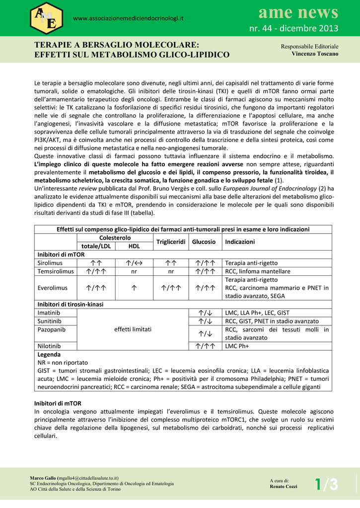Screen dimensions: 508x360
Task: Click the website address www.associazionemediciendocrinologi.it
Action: [129, 19]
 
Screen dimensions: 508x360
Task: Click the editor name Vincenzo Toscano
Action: [315, 54]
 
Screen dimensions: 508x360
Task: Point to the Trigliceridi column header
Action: [171, 242]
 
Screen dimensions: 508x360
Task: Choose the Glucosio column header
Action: [204, 242]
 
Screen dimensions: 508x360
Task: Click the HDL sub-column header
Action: [134, 246]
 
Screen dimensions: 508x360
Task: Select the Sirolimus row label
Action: [50, 263]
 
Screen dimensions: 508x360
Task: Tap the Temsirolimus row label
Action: [56, 271]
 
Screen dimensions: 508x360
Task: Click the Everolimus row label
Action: [52, 288]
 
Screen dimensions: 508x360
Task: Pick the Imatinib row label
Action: [49, 313]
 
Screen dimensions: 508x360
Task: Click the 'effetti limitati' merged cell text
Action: [133, 329]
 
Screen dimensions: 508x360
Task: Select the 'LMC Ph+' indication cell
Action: [237, 346]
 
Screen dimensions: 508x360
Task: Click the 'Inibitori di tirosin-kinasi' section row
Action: [71, 305]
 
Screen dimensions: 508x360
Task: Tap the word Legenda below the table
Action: [49, 355]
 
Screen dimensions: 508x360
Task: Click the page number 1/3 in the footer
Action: [326, 484]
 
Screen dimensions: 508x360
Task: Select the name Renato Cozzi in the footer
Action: [284, 487]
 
